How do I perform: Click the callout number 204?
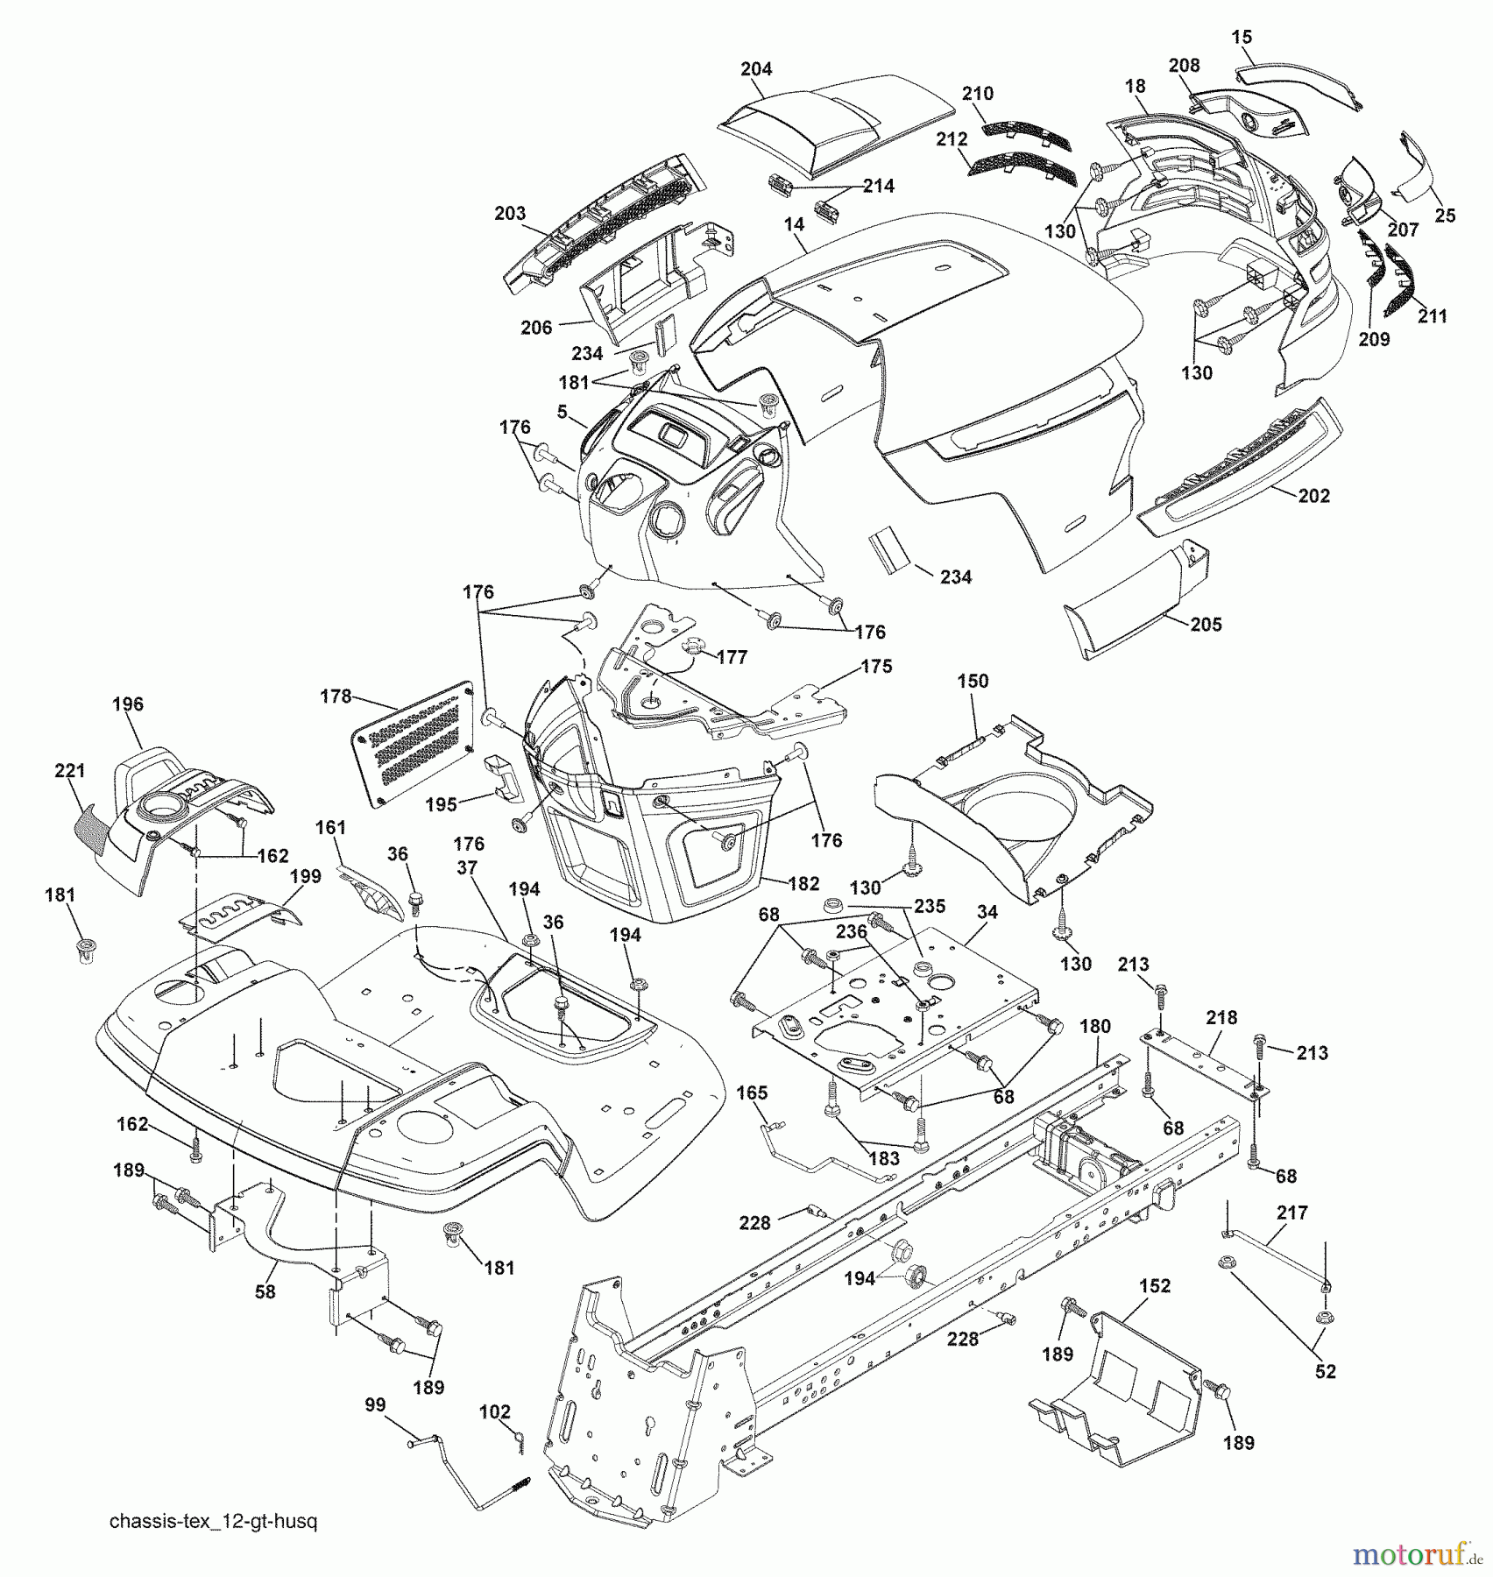[756, 68]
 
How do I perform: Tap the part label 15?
[1242, 37]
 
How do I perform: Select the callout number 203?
[509, 213]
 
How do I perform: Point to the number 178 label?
[336, 697]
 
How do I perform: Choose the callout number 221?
[69, 771]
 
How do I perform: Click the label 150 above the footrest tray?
[973, 681]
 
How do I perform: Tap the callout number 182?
[803, 884]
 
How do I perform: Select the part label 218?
[1221, 1017]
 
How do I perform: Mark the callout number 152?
[1155, 1286]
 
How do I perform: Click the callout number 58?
[265, 1292]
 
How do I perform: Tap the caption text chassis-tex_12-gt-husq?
[213, 1522]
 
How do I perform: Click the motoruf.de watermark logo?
[1417, 1555]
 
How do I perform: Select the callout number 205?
[1206, 625]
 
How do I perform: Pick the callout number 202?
[1313, 496]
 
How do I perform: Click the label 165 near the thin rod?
[752, 1093]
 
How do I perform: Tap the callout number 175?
[876, 666]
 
